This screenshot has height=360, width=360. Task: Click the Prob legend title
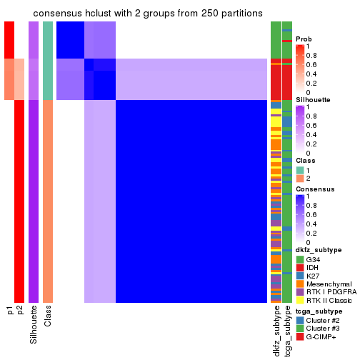pos(304,39)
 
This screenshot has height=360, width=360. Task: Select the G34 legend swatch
pos(299,259)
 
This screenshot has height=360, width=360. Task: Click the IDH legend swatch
pos(299,268)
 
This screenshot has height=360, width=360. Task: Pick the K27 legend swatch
pos(299,276)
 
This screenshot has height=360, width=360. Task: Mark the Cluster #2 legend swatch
pos(299,321)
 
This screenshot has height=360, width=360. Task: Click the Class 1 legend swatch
pos(299,170)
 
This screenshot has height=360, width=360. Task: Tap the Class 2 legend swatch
pos(299,179)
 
